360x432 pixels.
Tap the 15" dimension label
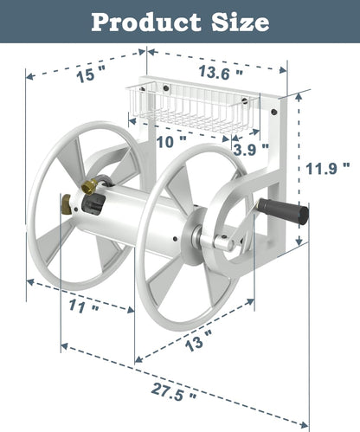click(86, 75)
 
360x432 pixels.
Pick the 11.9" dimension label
click(331, 167)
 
